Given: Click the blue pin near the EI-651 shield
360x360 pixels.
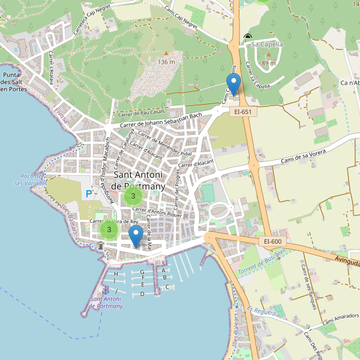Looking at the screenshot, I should pos(233,83).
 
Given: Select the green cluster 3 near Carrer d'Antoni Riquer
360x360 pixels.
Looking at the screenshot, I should pos(133,196).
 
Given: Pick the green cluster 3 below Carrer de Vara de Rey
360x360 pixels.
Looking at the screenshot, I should pos(109,230).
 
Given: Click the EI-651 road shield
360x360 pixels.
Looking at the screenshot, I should pos(242,112).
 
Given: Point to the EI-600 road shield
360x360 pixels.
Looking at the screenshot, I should pos(272,241).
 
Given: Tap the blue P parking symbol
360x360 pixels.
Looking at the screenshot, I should pos(89,194).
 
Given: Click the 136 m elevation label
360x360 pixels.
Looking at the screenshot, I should pos(166,62).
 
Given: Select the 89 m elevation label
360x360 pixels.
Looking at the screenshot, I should pos(269,63).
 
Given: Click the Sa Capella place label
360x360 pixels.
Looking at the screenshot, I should pos(267,44).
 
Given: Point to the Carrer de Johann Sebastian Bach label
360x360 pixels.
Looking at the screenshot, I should pos(161,120).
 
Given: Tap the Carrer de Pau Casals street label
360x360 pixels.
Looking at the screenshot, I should pos(142,113).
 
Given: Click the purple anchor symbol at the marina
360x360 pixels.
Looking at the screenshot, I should pos(106,290).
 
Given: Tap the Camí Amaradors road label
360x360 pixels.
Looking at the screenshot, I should pos(340,322).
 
